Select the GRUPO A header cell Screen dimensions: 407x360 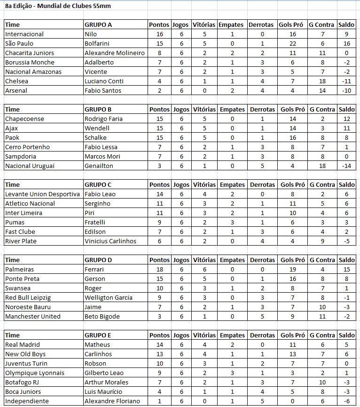pos(98,24)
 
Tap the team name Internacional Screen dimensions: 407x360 pos(24,34)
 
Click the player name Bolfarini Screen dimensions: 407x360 pos(97,43)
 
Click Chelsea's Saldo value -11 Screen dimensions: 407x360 pos(347,81)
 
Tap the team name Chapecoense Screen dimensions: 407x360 pos(24,119)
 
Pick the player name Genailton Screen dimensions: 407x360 pos(99,166)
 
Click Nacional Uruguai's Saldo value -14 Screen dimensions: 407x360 pos(347,166)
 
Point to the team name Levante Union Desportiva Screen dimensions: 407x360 pos(42,194)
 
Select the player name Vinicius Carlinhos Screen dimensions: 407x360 pos(110,241)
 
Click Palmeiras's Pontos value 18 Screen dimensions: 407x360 pos(159,269)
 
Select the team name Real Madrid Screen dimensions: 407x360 pos(22,344)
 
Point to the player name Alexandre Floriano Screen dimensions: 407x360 pos(112,401)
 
